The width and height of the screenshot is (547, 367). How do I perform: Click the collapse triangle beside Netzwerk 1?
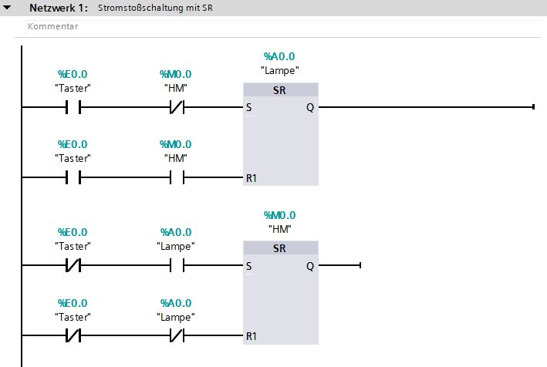point(8,8)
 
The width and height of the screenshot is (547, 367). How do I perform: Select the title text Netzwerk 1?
point(58,8)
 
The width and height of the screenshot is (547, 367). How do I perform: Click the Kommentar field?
point(53,26)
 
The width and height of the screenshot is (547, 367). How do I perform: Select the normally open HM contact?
point(176,177)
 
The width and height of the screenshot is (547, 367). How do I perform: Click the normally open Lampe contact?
point(176,265)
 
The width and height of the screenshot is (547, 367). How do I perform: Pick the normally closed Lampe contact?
point(176,336)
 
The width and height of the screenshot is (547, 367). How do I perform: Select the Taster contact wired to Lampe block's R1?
point(73,177)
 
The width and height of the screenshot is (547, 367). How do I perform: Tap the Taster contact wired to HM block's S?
point(73,265)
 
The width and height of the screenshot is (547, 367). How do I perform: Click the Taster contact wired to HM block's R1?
point(73,336)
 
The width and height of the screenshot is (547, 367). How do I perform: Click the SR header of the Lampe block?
point(280,91)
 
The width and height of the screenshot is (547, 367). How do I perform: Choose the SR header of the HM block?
point(280,249)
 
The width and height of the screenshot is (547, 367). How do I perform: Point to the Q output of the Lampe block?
point(309,108)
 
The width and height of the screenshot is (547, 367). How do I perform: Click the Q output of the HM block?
point(309,266)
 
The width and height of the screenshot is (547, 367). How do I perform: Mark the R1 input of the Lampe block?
point(252,178)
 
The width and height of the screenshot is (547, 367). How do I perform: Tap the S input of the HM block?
point(248,266)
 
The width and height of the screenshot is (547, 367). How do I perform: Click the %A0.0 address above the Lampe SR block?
point(280,56)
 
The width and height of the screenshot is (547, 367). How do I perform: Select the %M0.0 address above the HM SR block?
point(280,215)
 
